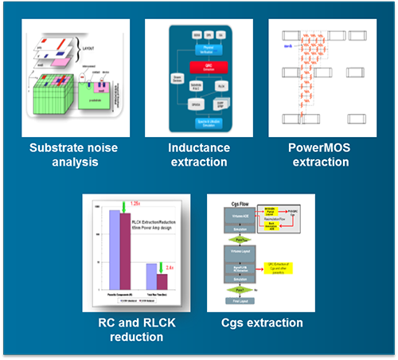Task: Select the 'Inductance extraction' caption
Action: (198, 155)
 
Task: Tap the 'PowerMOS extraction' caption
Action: (320, 155)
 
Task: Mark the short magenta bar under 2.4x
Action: (162, 281)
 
